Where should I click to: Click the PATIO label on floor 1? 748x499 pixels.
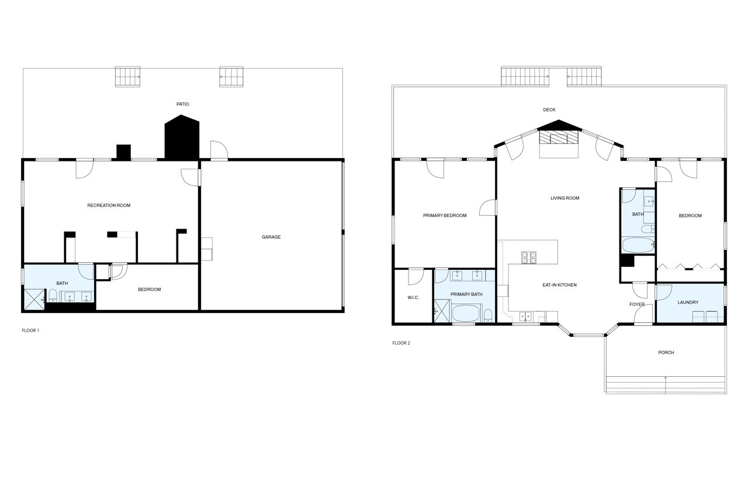click(x=183, y=104)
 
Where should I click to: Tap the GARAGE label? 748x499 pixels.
click(x=271, y=237)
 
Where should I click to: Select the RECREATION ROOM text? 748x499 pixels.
click(x=109, y=205)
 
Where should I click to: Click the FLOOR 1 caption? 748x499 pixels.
click(x=30, y=331)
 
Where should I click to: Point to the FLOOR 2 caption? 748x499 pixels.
click(x=401, y=343)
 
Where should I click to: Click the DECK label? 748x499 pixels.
click(x=549, y=110)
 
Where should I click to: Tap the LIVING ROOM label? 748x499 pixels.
click(x=565, y=198)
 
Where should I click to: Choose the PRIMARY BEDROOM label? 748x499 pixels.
click(x=445, y=216)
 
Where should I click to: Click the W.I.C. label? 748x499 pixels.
click(x=413, y=298)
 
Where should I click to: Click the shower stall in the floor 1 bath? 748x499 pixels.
click(x=34, y=299)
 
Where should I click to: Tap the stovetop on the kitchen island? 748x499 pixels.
click(x=529, y=256)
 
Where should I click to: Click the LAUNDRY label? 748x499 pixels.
click(x=688, y=302)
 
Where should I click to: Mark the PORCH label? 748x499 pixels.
click(x=666, y=353)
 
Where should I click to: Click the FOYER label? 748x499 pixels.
click(x=636, y=305)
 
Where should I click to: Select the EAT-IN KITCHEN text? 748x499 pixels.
click(x=559, y=285)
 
